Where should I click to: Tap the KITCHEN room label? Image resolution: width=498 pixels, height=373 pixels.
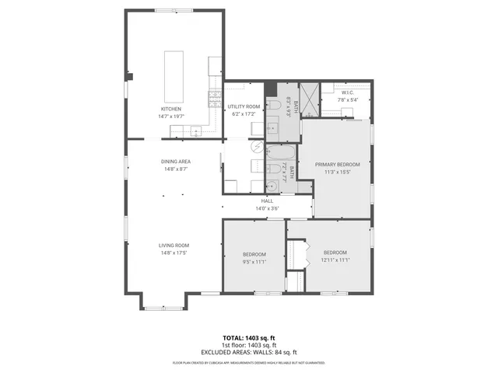171,109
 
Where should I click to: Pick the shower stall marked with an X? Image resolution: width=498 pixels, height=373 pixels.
310,98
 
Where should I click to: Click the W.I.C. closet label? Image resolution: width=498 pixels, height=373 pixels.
347,93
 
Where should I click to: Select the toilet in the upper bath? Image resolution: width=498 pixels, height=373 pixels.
273,106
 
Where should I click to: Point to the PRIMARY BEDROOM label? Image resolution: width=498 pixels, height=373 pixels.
338,165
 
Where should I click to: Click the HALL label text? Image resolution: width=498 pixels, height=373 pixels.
267,200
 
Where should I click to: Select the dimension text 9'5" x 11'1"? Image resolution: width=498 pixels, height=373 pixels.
254,262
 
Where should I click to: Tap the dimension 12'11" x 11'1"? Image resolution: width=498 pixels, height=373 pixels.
335,260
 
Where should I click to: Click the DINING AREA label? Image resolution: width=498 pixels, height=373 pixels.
177,162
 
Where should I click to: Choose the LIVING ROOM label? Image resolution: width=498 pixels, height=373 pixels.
174,246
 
